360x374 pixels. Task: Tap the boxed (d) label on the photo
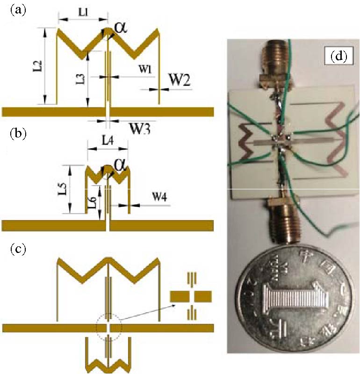click(338, 57)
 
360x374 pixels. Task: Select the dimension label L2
click(40, 65)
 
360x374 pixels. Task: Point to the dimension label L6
click(93, 202)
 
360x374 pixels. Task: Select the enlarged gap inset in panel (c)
click(191, 296)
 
